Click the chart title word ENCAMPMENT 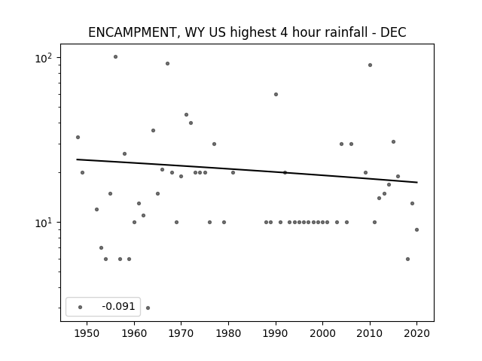pos(133,33)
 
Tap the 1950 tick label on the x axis pos(87,333)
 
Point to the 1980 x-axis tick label pos(228,333)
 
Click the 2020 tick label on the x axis pos(416,333)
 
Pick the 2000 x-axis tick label pos(323,333)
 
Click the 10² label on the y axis pos(44,58)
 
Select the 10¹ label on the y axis pos(44,223)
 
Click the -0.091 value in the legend pos(118,306)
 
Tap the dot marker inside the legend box pos(81,307)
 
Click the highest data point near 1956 pos(115,57)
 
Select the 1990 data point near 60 pos(276,94)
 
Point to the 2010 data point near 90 pos(370,65)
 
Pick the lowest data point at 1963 pos(148,308)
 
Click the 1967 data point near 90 pos(167,63)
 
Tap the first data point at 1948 pos(78,137)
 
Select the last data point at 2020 pos(416,229)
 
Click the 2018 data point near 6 pos(407,259)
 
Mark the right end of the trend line pos(417,182)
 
